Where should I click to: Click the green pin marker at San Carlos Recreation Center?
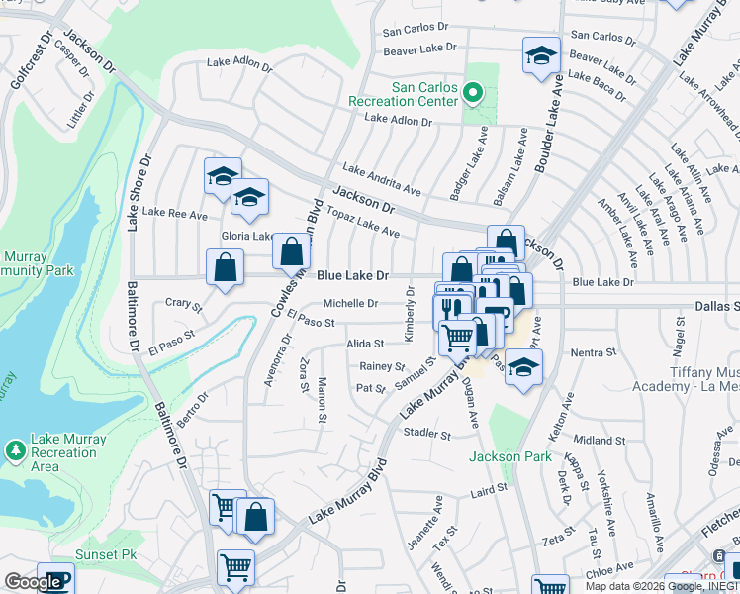click(473, 95)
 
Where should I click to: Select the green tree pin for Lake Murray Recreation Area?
click(16, 451)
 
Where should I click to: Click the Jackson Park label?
click(509, 456)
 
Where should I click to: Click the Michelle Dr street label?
click(351, 304)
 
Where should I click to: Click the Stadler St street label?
click(426, 434)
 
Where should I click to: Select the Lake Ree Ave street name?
click(175, 213)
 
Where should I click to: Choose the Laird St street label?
click(489, 488)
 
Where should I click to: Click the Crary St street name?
click(183, 303)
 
